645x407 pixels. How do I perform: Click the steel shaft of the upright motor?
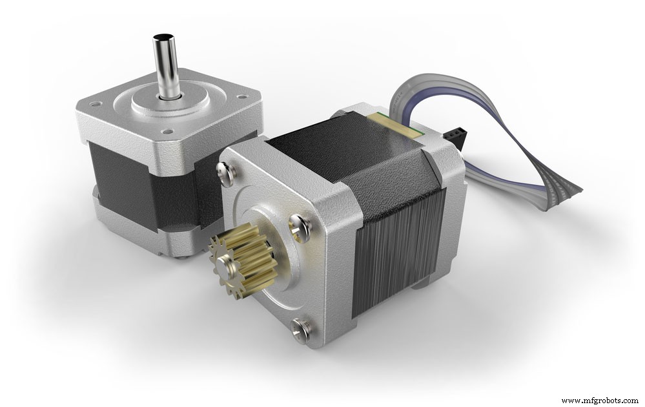(x=166, y=71)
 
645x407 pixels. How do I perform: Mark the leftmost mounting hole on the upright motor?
(x=95, y=103)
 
